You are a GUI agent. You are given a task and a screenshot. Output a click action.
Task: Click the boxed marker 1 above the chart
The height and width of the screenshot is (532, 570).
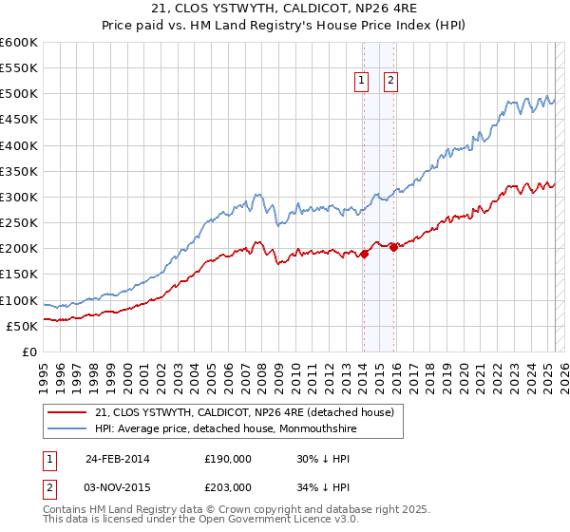[x=363, y=82]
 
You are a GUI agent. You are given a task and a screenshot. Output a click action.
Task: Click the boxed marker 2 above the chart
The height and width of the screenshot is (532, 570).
[x=390, y=82]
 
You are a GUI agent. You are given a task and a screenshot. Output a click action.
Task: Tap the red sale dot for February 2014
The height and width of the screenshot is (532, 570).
[x=364, y=254]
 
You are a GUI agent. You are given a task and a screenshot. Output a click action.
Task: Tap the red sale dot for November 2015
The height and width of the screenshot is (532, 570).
[x=393, y=247]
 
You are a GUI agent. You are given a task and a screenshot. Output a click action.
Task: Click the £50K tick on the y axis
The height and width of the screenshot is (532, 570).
[x=23, y=326]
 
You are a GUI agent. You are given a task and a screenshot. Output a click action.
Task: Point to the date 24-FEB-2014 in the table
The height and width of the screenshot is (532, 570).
[x=117, y=458]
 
